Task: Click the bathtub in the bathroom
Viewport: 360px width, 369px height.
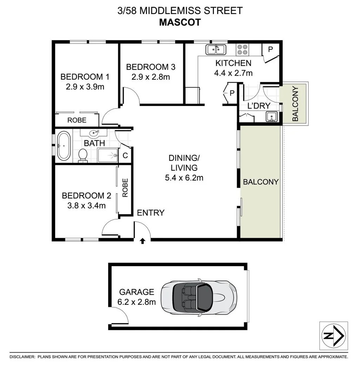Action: pyautogui.click(x=64, y=146)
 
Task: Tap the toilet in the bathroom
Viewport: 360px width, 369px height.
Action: pyautogui.click(x=83, y=155)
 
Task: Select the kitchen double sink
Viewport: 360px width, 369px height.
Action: pyautogui.click(x=216, y=50)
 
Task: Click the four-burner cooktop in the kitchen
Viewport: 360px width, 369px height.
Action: pyautogui.click(x=242, y=49)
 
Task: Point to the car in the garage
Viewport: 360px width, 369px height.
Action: pyautogui.click(x=199, y=297)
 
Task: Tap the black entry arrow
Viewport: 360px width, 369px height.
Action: pyautogui.click(x=143, y=241)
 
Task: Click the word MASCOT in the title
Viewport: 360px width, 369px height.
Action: pyautogui.click(x=180, y=22)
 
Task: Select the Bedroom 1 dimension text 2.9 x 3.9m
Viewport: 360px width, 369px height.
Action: pyautogui.click(x=85, y=86)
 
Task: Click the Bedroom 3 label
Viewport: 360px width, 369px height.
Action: pyautogui.click(x=151, y=67)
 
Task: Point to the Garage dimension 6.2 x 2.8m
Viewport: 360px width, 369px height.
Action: pyautogui.click(x=137, y=302)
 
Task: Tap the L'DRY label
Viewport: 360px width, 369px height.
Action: pyautogui.click(x=258, y=106)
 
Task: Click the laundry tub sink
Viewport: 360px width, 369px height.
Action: pyautogui.click(x=272, y=116)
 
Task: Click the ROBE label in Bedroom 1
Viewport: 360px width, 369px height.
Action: pyautogui.click(x=77, y=120)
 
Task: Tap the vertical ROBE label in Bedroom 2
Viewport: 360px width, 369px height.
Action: pyautogui.click(x=125, y=188)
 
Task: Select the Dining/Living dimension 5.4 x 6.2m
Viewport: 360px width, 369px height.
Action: pyautogui.click(x=184, y=178)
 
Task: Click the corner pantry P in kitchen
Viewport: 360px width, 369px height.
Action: pyautogui.click(x=270, y=49)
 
